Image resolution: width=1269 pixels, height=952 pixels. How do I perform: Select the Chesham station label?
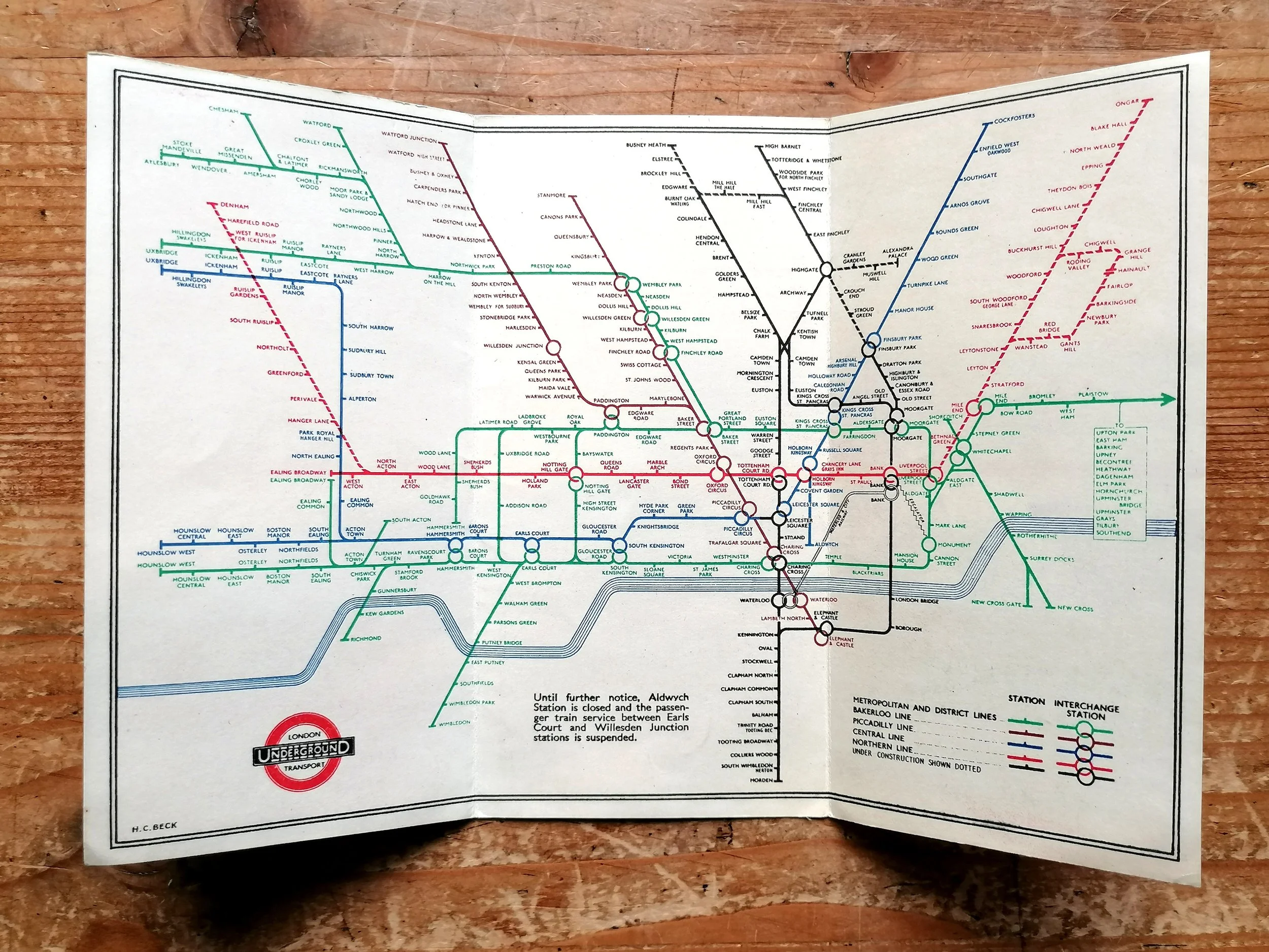(224, 109)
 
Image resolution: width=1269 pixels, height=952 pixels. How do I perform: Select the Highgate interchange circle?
(826, 269)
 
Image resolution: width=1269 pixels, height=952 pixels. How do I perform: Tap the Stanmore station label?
(551, 195)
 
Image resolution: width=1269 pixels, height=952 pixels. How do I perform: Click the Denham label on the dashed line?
(235, 206)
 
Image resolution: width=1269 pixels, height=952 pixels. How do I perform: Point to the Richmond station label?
(366, 638)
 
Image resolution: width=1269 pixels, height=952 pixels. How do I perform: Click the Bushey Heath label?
(646, 145)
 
